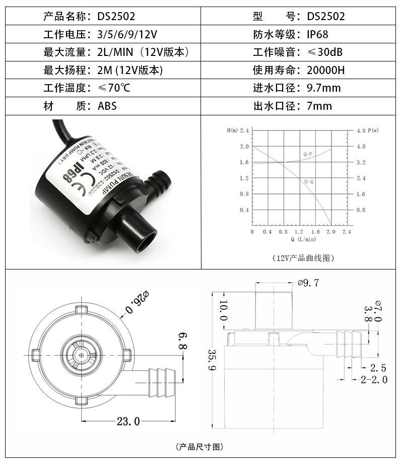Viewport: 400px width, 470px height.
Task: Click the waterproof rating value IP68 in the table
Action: tap(321, 34)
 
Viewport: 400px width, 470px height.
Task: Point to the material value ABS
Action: tap(107, 106)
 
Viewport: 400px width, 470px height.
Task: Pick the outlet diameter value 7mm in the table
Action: tap(319, 106)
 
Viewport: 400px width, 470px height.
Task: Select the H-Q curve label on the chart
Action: tap(309, 180)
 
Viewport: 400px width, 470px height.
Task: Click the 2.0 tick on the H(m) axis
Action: tap(245, 147)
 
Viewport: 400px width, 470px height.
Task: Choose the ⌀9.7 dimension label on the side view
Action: tap(308, 283)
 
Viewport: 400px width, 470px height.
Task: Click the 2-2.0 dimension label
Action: tap(373, 379)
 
